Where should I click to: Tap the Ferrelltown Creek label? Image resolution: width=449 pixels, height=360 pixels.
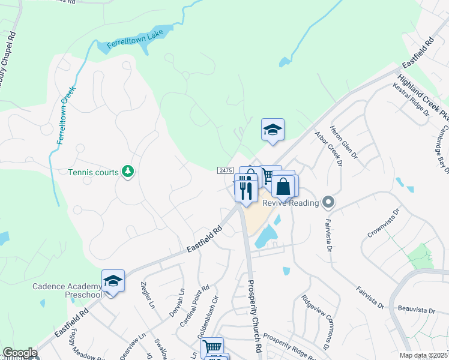click(65, 115)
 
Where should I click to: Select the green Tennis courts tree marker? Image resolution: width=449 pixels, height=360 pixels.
click(127, 172)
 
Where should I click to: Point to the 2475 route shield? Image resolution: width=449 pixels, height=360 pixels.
click(225, 171)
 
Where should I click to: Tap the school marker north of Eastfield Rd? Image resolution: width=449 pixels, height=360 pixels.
click(273, 130)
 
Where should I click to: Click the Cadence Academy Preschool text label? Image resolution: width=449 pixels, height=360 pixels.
click(67, 290)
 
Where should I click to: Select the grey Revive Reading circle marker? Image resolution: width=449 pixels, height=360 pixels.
click(328, 203)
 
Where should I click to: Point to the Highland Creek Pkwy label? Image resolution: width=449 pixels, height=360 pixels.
click(423, 97)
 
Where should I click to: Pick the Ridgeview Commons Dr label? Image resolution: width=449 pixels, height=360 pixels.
click(318, 323)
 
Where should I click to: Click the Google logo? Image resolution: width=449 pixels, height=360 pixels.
click(20, 353)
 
